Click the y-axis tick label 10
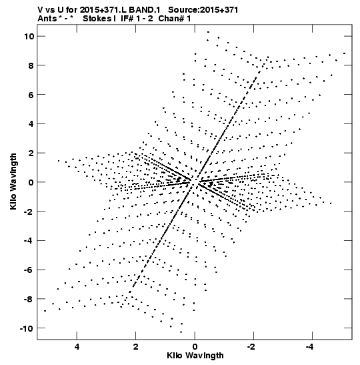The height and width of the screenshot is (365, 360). click(29, 36)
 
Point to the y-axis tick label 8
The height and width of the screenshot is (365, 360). click(31, 65)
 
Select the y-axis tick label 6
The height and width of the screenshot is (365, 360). click(31, 95)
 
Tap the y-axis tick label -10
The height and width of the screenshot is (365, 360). click(27, 328)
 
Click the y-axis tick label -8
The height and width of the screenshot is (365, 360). click(29, 299)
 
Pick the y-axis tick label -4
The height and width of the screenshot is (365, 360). click(29, 240)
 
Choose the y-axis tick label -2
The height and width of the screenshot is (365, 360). click(29, 212)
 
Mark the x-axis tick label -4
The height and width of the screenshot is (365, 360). click(310, 347)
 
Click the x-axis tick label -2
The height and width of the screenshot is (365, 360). click(251, 347)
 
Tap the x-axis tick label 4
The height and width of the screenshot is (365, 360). click(77, 347)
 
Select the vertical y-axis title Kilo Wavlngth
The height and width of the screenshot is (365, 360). click(13, 181)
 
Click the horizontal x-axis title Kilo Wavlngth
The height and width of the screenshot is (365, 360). click(195, 356)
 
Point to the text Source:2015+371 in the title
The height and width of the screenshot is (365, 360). click(203, 10)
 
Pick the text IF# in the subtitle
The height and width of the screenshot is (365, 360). click(127, 19)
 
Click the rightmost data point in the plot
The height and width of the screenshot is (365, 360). click(344, 53)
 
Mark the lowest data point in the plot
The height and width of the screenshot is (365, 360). click(181, 332)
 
